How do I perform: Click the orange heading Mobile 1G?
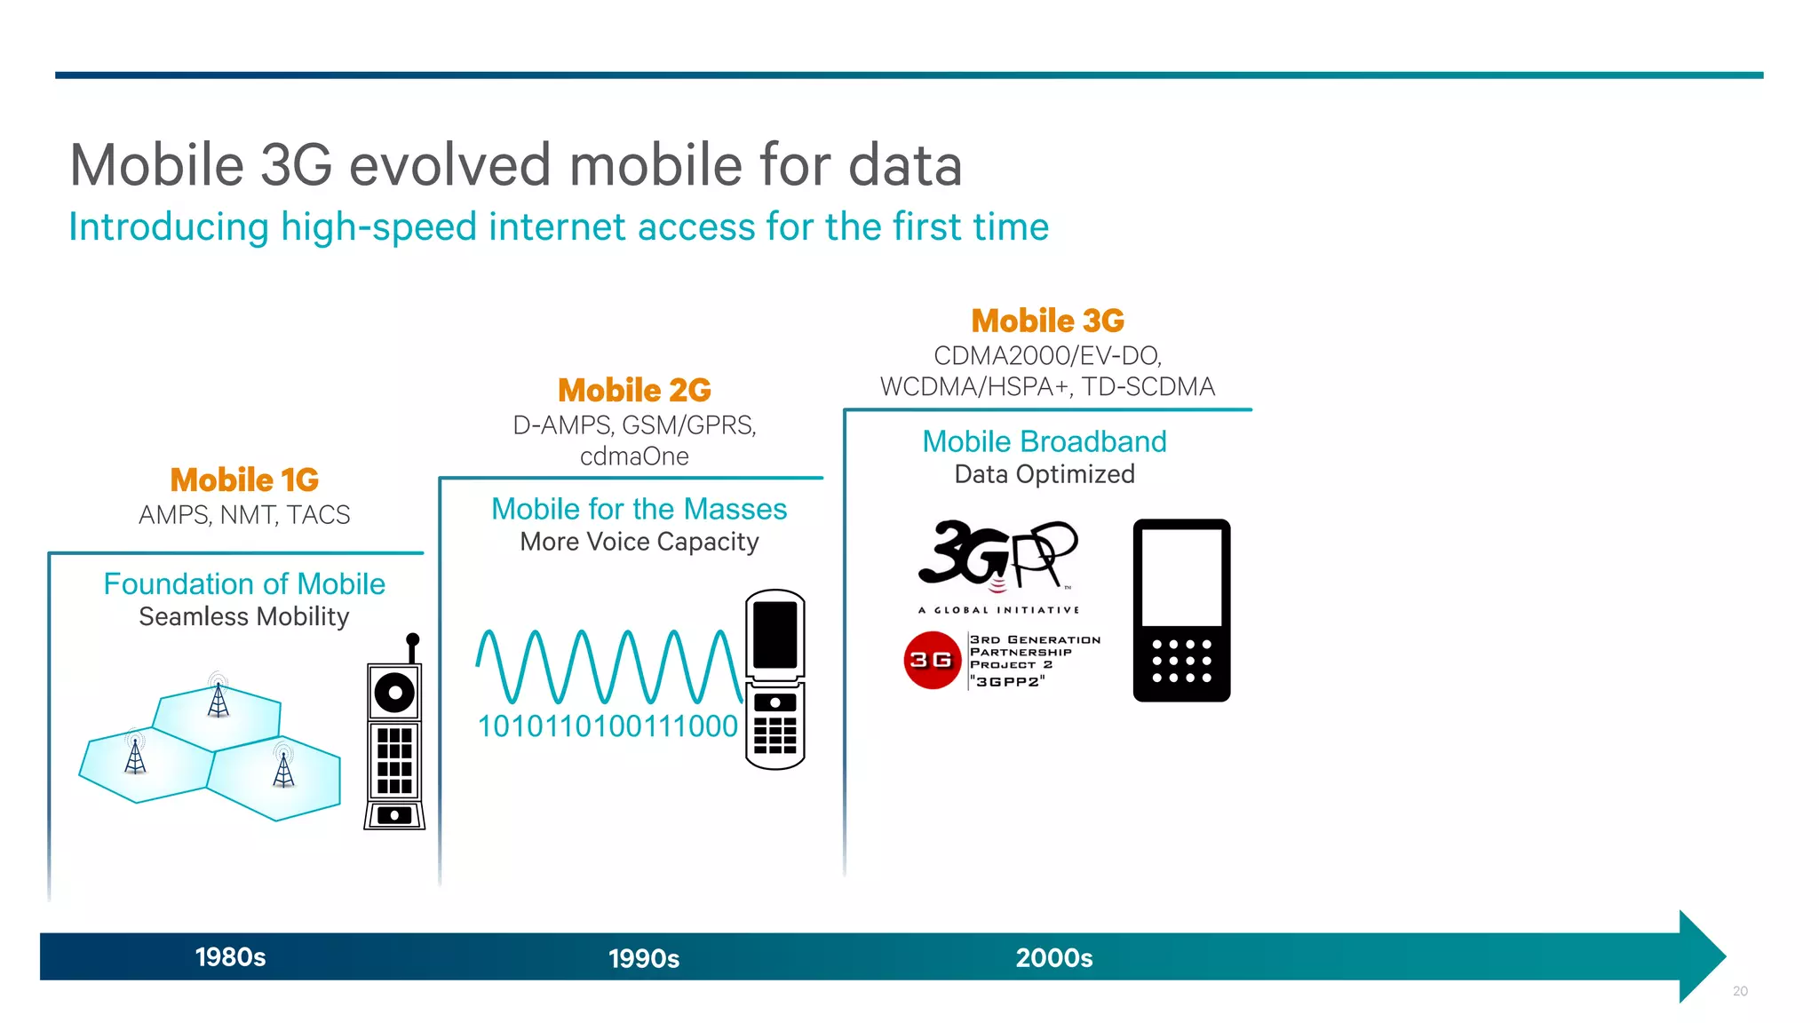[x=244, y=480]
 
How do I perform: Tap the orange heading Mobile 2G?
[x=634, y=391]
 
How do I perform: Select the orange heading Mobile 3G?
[x=1047, y=321]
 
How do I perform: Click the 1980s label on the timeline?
[x=230, y=957]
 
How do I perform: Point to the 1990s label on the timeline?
[x=644, y=959]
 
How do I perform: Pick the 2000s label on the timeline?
[x=1054, y=958]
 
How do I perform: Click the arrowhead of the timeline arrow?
[x=1701, y=956]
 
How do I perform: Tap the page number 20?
[x=1740, y=991]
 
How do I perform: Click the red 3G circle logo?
[x=932, y=660]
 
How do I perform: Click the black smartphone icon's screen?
[x=1181, y=577]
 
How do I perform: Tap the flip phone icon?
[x=774, y=679]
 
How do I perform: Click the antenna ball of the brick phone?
[x=412, y=639]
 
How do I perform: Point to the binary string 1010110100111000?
[x=608, y=726]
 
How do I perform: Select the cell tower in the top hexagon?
[x=218, y=697]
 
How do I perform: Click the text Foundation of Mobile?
[x=244, y=584]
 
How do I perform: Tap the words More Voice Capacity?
[x=639, y=542]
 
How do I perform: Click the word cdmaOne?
[x=634, y=456]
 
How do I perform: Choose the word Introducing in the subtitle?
[x=169, y=227]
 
